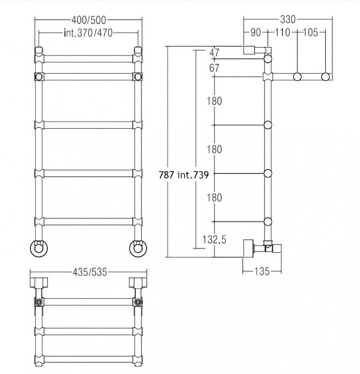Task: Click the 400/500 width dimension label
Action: click(88, 21)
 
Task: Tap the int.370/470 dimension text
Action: click(88, 32)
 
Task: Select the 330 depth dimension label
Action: click(288, 19)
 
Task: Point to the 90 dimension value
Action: click(255, 32)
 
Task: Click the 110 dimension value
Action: click(283, 32)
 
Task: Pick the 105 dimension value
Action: click(310, 32)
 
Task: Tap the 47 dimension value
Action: click(214, 52)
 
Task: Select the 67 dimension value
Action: click(214, 68)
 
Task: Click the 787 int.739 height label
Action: click(184, 175)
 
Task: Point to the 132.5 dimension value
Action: click(214, 239)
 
